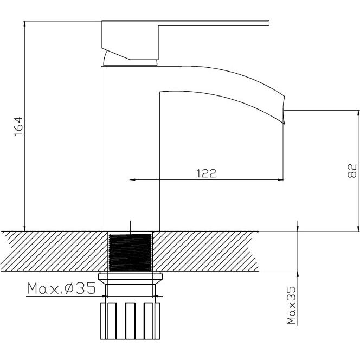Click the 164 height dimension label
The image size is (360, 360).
[19, 126]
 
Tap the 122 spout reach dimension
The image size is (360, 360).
[207, 173]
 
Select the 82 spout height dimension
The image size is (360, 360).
[352, 170]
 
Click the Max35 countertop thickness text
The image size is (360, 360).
[291, 305]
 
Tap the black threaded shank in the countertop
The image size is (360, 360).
[130, 252]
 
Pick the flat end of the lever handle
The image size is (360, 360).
[268, 23]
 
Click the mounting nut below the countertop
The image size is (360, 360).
[130, 279]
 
